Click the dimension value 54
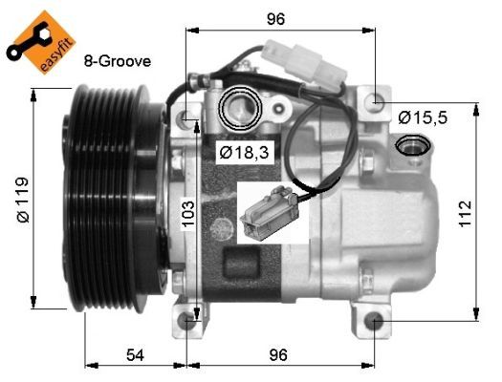(136, 354)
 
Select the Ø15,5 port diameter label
(422, 117)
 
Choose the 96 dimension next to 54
(276, 354)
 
